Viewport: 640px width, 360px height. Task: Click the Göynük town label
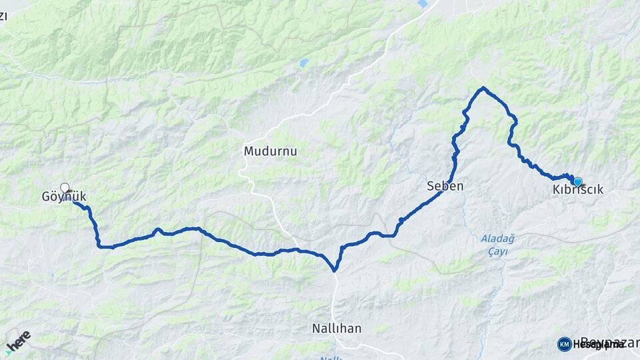[65, 197]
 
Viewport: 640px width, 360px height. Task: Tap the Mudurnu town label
[270, 151]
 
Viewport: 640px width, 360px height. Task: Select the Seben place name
[445, 187]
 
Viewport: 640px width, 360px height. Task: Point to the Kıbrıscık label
[578, 190]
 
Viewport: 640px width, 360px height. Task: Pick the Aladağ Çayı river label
[494, 245]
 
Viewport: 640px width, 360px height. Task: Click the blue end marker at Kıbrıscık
[577, 181]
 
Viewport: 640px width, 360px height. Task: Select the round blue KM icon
[564, 344]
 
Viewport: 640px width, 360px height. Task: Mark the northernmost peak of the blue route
[483, 88]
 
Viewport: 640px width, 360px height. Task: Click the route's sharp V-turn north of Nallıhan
[335, 270]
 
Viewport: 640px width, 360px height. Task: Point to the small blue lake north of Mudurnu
[304, 63]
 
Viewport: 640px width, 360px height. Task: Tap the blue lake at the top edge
[423, 3]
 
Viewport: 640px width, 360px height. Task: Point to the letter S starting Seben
[431, 187]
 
